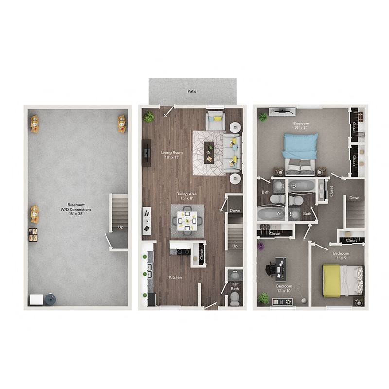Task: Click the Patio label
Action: pyautogui.click(x=192, y=91)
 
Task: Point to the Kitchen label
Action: pyautogui.click(x=176, y=277)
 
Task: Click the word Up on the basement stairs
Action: pyautogui.click(x=121, y=227)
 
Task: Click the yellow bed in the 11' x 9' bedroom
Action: pyautogui.click(x=340, y=280)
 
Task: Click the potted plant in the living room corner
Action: pyautogui.click(x=149, y=116)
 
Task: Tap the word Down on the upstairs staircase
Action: pyautogui.click(x=354, y=198)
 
